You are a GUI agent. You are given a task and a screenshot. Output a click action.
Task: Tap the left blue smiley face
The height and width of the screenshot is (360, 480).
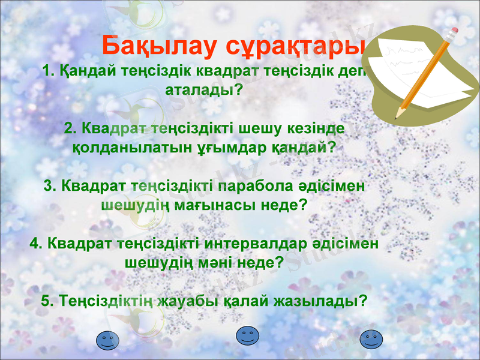click(108, 340)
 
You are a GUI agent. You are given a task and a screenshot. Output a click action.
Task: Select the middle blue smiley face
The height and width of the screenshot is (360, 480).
click(247, 335)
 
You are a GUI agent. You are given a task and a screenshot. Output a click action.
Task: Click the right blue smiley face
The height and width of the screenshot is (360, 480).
click(370, 340)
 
